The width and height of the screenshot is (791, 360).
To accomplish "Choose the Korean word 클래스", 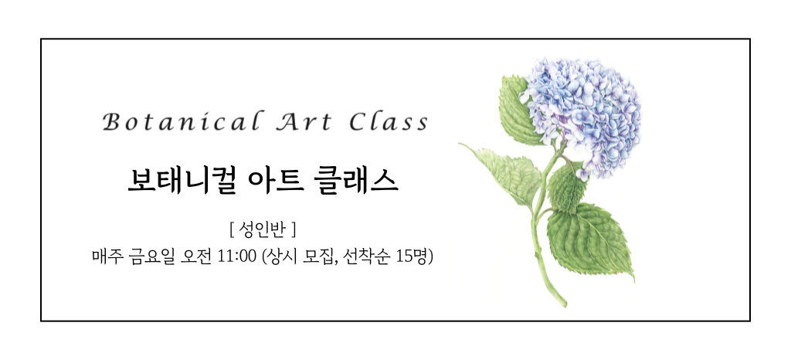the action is pos(355,181).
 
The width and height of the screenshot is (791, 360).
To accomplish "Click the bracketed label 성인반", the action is pos(263,230).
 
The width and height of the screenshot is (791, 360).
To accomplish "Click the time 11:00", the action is pos(236,256).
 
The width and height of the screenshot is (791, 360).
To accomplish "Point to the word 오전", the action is pos(195,256).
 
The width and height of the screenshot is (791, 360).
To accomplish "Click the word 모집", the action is pos(320,256).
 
